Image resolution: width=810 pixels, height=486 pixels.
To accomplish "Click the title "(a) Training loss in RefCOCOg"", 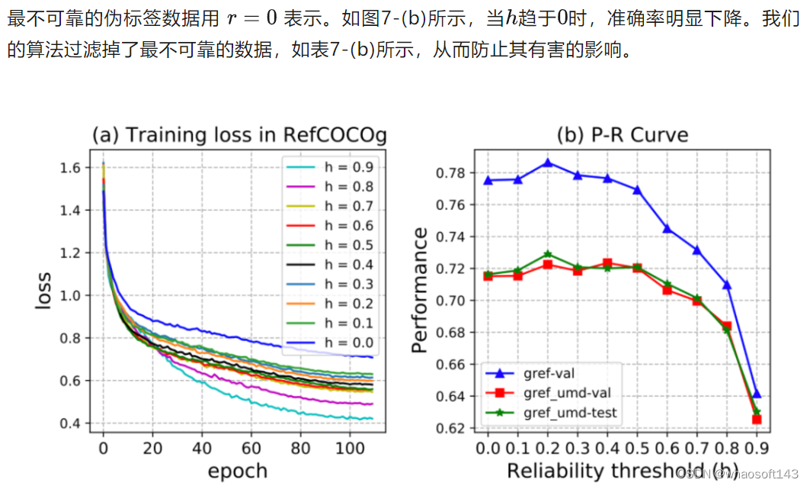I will pos(239,136).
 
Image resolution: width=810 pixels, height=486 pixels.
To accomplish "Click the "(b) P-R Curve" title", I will pos(622,136).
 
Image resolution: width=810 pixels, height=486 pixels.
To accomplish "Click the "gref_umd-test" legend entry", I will pos(570,413).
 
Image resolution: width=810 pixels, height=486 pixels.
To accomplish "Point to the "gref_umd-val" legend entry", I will pos(567,393).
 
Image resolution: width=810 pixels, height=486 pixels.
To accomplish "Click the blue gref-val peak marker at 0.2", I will pos(549,163).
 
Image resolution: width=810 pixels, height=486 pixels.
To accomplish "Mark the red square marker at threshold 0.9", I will pos(757,420).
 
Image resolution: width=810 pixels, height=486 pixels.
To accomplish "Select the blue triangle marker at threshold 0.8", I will pos(728,285).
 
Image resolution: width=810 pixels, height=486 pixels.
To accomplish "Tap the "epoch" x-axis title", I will pos(238,470).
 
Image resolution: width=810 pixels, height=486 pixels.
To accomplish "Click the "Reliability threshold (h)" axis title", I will pos(621,471).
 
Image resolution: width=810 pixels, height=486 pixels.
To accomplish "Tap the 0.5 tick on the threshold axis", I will pos(636,447).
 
